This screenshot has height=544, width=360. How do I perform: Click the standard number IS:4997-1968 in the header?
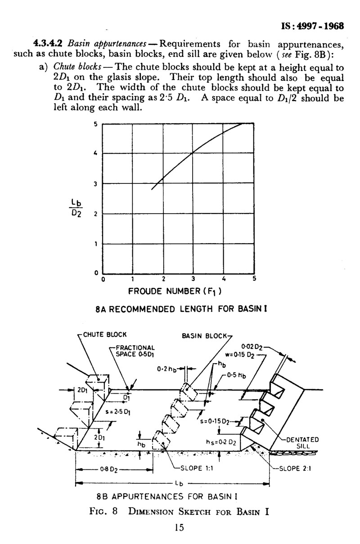pyautogui.click(x=312, y=26)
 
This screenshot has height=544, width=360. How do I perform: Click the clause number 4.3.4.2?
pyautogui.click(x=48, y=43)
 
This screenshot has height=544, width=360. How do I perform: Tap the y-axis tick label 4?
pyautogui.click(x=95, y=153)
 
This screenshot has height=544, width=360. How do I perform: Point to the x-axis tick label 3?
pyautogui.click(x=193, y=279)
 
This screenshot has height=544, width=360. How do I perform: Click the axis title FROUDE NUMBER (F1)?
pyautogui.click(x=175, y=291)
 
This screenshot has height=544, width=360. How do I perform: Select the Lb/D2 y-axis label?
pyautogui.click(x=76, y=208)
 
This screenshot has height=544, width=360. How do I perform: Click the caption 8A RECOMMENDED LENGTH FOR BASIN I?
pyautogui.click(x=181, y=309)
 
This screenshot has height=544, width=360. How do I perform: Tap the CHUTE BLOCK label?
pyautogui.click(x=105, y=334)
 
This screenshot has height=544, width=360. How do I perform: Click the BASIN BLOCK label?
pyautogui.click(x=204, y=336)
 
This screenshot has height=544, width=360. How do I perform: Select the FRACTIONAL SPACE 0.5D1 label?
pyautogui.click(x=135, y=351)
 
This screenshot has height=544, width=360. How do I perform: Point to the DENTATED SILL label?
pyautogui.click(x=302, y=443)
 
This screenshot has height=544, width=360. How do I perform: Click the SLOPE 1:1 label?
pyautogui.click(x=197, y=468)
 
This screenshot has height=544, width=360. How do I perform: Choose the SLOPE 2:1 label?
pyautogui.click(x=295, y=468)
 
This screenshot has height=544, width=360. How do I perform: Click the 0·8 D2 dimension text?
pyautogui.click(x=109, y=470)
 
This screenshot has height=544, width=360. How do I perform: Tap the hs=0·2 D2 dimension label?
pyautogui.click(x=221, y=442)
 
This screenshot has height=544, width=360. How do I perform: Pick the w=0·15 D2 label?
pyautogui.click(x=240, y=355)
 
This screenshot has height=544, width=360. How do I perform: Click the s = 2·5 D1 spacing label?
pyautogui.click(x=118, y=412)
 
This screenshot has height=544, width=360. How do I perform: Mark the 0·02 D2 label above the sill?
pyautogui.click(x=252, y=347)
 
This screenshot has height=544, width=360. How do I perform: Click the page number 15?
pyautogui.click(x=179, y=527)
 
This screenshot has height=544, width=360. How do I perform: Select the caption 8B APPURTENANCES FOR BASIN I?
pyautogui.click(x=167, y=496)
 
